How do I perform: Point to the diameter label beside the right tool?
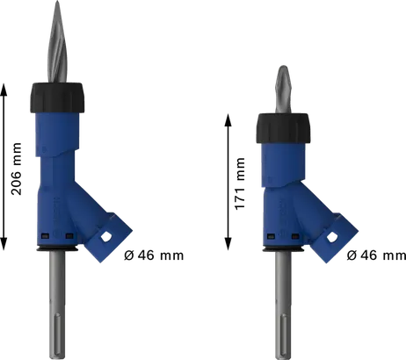[374, 257]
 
